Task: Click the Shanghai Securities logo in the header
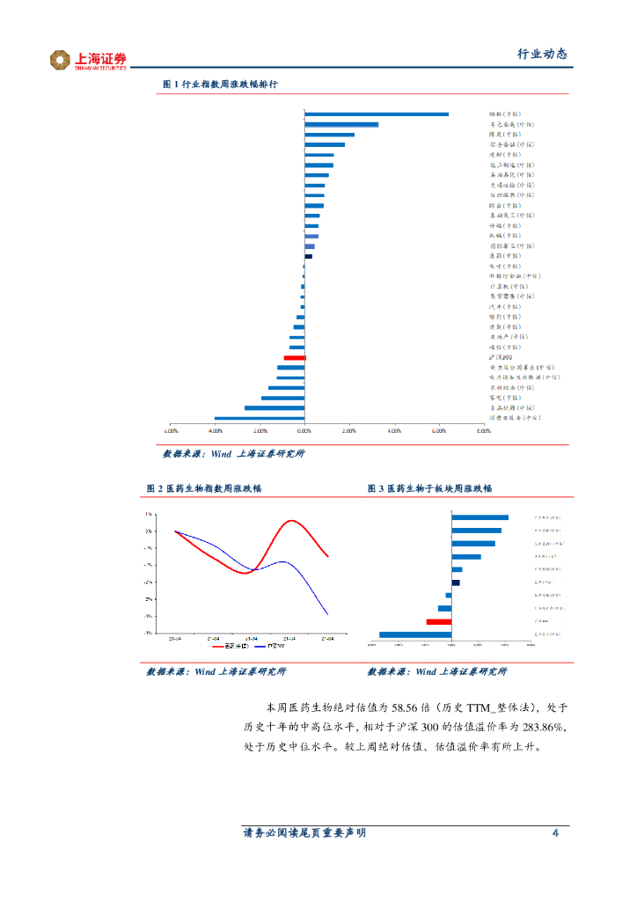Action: [x=88, y=60]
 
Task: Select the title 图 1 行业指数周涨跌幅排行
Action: [x=221, y=84]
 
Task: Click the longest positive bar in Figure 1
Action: [x=377, y=114]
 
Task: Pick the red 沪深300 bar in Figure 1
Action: [x=294, y=358]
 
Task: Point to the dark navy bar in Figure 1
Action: [x=308, y=256]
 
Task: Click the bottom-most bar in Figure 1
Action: [x=260, y=418]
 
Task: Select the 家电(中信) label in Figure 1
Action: [x=505, y=398]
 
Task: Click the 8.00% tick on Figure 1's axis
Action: [x=483, y=431]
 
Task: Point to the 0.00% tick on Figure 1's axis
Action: [x=304, y=431]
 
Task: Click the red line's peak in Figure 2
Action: [x=289, y=521]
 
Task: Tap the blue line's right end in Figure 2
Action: [x=328, y=614]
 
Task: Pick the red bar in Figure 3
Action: [x=438, y=622]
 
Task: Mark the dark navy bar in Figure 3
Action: [x=456, y=582]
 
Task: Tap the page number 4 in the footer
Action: [x=555, y=833]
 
